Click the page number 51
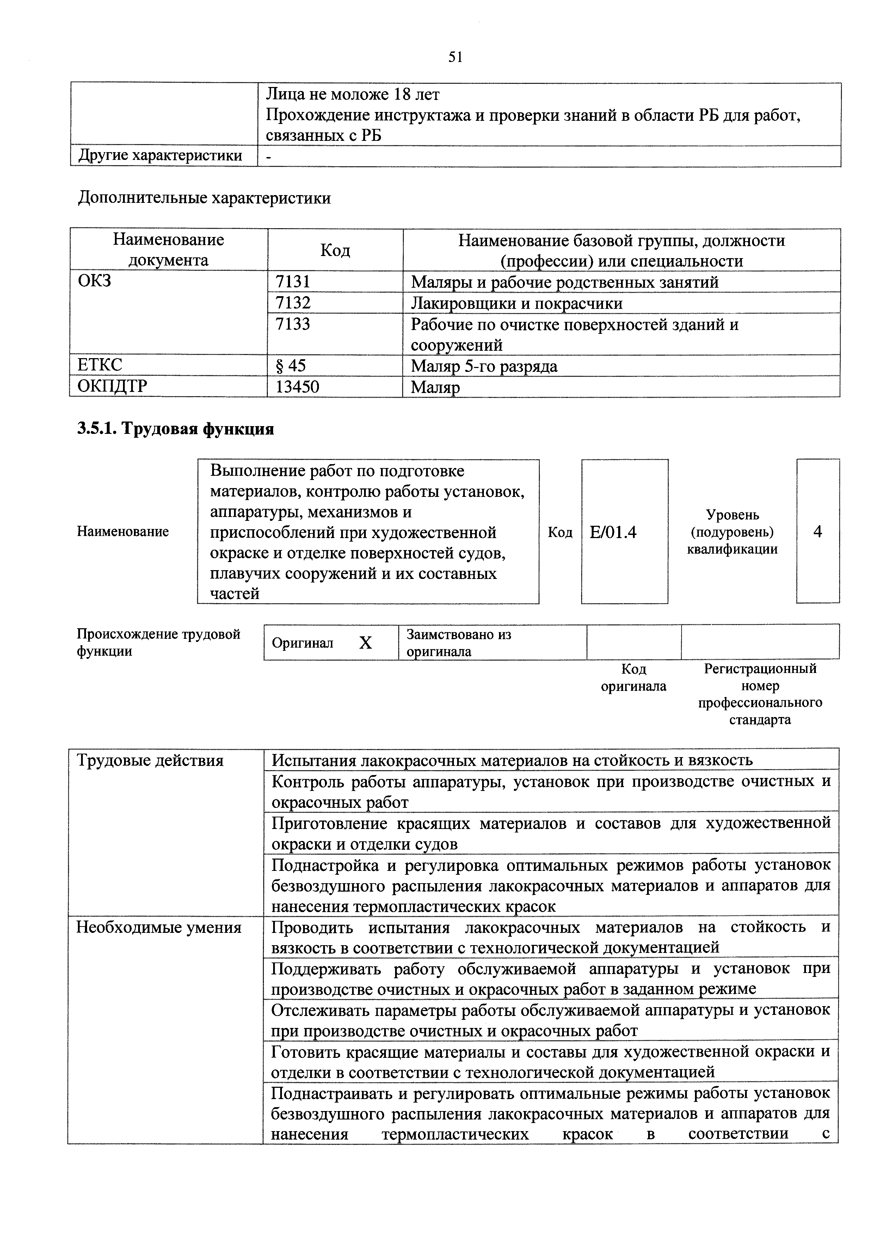point(455,57)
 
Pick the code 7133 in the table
point(293,324)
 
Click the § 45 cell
point(291,366)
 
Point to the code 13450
point(297,386)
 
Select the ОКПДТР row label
point(112,386)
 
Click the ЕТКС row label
point(100,365)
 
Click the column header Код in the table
point(335,250)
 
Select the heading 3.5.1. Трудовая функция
point(176,429)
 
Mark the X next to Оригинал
point(365,642)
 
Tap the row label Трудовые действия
point(150,761)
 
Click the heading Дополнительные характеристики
point(204,199)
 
